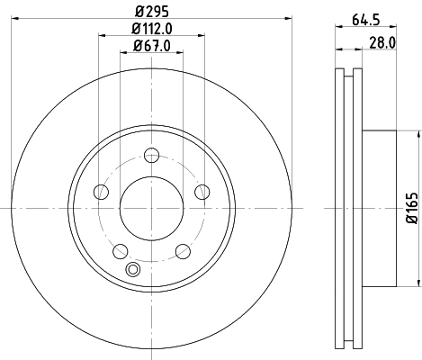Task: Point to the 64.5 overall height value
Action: coord(365,18)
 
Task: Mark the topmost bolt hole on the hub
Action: coord(150,155)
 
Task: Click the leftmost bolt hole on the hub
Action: coord(100,192)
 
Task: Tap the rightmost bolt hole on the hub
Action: coord(202,192)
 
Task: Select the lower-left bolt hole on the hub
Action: coord(119,251)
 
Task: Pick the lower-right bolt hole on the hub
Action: coord(182,251)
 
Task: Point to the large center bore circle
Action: coord(150,208)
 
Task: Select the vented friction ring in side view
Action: coord(346,208)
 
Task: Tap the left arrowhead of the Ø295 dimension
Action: coord(20,25)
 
